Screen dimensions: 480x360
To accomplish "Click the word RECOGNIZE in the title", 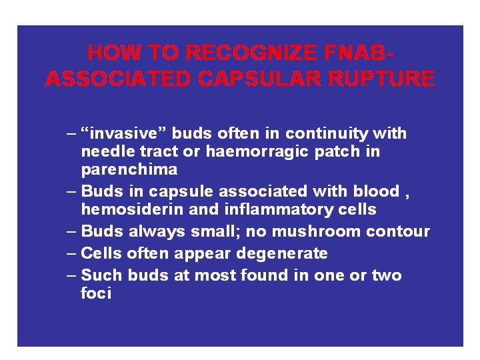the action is point(251,53).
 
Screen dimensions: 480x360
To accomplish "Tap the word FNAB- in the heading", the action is point(359,53).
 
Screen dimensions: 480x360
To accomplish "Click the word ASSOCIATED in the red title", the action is point(118,79).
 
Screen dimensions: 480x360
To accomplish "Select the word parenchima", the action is point(129,170).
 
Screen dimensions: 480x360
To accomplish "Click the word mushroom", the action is point(316,231).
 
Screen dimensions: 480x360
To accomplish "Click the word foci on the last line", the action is point(96,293).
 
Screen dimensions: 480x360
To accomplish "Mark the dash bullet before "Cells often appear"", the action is point(71,254).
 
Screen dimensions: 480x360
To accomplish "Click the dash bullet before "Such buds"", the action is point(71,275).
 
